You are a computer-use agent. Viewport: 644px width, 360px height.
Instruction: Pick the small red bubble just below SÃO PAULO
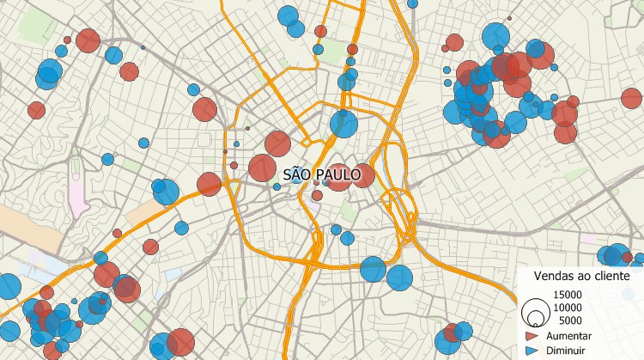(317, 195)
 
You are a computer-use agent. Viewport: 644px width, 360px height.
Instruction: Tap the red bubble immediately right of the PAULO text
(363, 175)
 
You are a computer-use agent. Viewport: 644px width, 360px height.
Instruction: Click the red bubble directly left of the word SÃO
(262, 168)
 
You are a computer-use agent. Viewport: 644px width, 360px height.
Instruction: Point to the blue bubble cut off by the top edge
(412, 3)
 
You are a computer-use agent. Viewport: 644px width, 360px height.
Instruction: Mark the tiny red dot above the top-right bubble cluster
(509, 18)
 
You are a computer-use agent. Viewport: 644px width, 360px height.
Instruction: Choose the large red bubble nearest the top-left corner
(88, 40)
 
